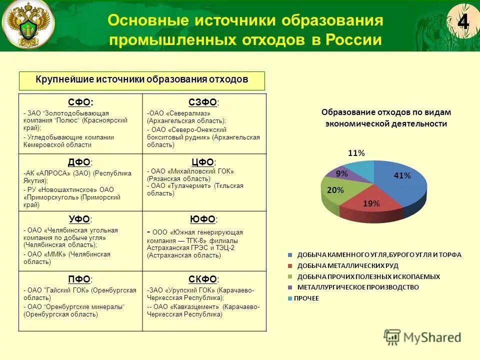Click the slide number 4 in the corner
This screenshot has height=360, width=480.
coord(463,23)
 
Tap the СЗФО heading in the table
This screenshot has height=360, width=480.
coord(203,102)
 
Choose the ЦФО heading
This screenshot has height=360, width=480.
coord(203,162)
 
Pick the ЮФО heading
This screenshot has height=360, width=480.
coord(203,219)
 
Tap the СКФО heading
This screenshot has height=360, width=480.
coord(203,279)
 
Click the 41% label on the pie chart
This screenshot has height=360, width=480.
coord(402,175)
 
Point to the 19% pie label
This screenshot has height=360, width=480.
coord(371,203)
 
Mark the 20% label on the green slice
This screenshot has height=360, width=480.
coord(335,190)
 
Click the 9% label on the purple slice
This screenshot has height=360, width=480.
coord(342,173)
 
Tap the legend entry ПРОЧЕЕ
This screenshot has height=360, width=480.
coord(306,298)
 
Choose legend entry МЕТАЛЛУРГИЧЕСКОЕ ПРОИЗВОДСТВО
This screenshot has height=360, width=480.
coord(358,287)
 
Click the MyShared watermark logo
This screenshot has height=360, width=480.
coord(423,336)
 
